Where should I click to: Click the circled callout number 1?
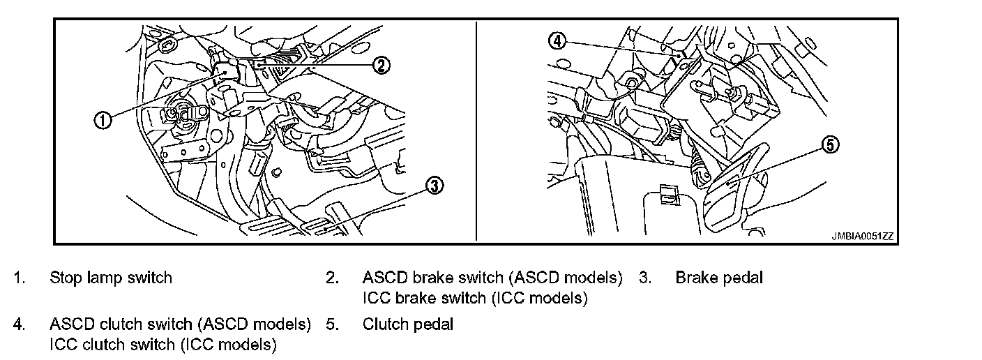[x=103, y=120]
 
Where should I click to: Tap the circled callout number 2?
[x=380, y=66]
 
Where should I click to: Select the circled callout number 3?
[x=434, y=186]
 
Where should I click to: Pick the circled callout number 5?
[x=830, y=145]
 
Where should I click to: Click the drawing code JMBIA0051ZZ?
[x=862, y=237]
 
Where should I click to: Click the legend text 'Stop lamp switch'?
[x=110, y=278]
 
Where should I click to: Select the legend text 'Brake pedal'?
[x=719, y=278]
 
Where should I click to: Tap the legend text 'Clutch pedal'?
[x=407, y=324]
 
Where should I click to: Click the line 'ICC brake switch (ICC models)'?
[x=475, y=299]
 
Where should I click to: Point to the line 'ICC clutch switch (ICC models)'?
[x=163, y=345]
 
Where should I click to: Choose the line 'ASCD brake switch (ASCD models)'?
[x=492, y=278]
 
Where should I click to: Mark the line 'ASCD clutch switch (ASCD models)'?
[x=180, y=324]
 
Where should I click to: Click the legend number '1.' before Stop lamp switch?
[x=19, y=278]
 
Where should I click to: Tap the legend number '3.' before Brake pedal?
[x=645, y=278]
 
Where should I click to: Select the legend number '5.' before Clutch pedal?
[x=332, y=324]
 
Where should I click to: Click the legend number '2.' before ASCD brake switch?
[x=332, y=278]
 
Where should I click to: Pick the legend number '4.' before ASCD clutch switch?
[x=19, y=324]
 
